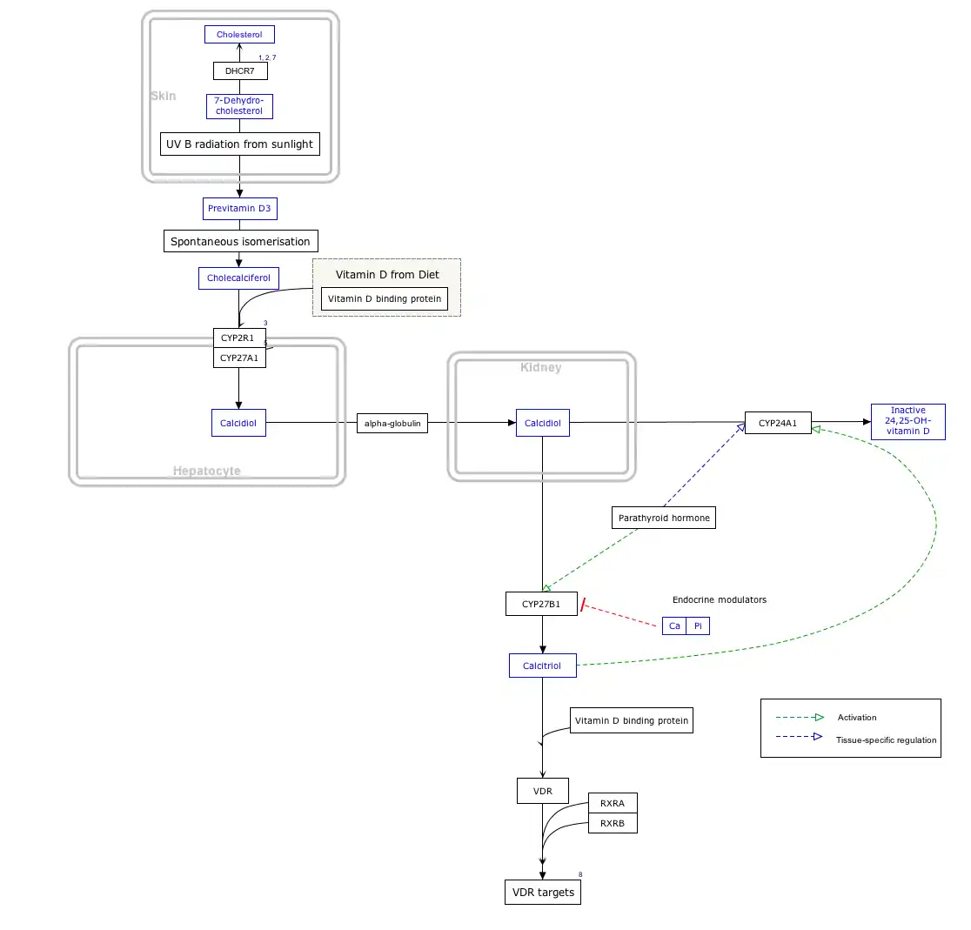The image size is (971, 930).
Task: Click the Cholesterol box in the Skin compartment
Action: point(239,35)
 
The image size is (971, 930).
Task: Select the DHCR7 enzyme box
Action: point(240,70)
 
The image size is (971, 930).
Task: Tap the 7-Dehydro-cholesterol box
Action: point(239,106)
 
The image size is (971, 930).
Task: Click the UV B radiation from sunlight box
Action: point(240,144)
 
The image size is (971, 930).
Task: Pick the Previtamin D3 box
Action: point(240,209)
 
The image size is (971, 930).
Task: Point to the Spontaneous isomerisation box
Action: point(240,241)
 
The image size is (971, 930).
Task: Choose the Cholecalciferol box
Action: point(238,278)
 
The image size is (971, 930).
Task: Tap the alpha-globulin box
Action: point(392,424)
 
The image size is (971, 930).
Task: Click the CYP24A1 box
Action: point(778,424)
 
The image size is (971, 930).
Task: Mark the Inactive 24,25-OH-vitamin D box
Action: point(907,421)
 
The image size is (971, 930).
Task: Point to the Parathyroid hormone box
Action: point(664,518)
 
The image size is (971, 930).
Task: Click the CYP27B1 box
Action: point(541,604)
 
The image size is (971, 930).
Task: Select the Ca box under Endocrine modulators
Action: point(674,626)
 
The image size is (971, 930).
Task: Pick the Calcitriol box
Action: point(542,666)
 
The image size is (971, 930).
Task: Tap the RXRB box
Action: point(613,823)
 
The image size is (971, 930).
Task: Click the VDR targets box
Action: point(543,893)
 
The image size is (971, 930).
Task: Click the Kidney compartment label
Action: point(541,368)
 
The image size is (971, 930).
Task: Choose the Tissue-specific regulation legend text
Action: point(886,740)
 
